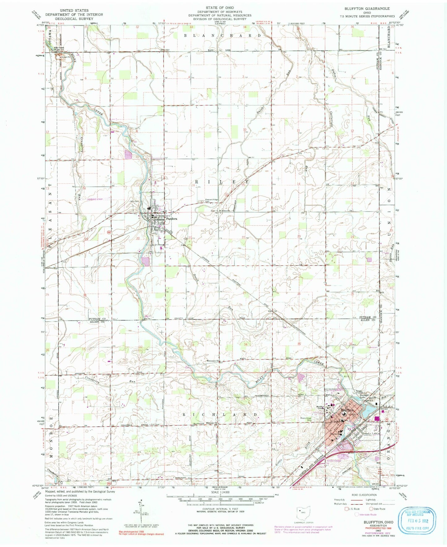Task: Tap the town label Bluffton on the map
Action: click(347, 410)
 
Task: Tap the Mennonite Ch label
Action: click(213, 360)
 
